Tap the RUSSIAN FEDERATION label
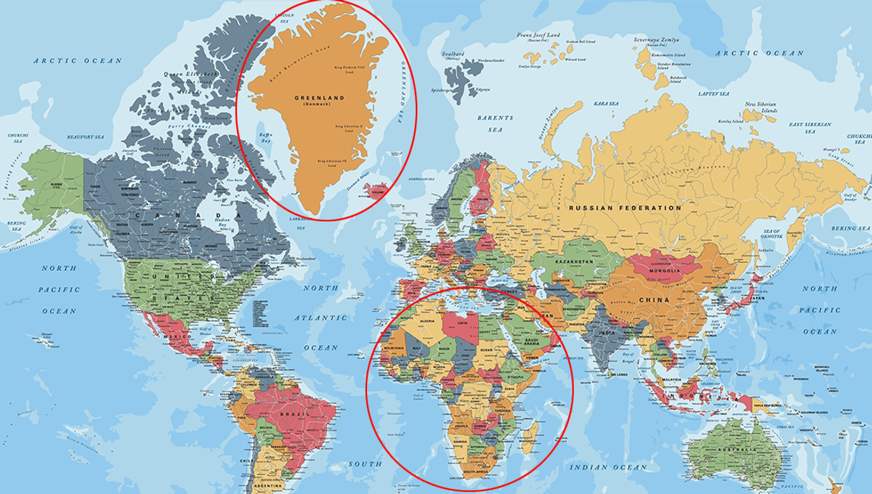pos(625,208)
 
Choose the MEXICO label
pos(176,338)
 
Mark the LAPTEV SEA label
pos(714,94)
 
